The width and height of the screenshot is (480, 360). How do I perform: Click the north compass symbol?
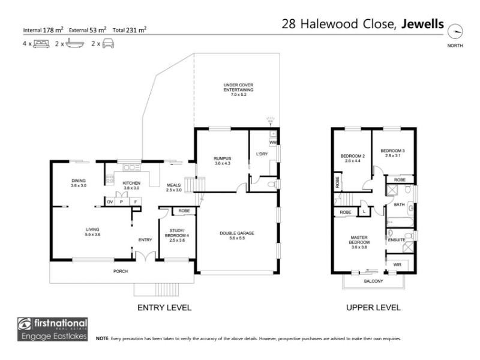coord(455,31)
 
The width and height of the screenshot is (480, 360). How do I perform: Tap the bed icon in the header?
coord(41,44)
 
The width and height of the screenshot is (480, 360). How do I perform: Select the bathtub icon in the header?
coord(74,43)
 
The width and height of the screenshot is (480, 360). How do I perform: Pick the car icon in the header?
coord(108,43)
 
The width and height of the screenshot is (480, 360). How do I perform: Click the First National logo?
coord(52,329)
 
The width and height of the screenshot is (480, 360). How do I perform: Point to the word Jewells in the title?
coord(422,24)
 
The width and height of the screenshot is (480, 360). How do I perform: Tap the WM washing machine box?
coord(273,142)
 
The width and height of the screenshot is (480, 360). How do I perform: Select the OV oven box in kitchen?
coord(110,202)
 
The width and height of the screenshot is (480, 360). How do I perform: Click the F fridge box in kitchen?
coord(136,202)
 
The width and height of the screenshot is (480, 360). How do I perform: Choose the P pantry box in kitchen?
coord(122,202)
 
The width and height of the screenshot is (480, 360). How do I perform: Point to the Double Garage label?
coord(237,235)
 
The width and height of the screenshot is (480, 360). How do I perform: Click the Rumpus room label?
coord(223,161)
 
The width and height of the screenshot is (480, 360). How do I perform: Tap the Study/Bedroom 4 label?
coord(177,235)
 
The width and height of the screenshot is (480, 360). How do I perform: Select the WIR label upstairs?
coord(397,265)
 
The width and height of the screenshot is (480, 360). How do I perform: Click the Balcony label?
coord(373,281)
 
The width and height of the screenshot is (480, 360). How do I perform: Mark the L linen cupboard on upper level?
coord(364,212)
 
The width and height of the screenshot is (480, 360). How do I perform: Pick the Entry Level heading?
coord(164,308)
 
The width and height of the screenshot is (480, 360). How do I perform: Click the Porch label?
coord(121,271)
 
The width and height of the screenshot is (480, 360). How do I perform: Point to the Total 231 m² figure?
coord(130,29)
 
